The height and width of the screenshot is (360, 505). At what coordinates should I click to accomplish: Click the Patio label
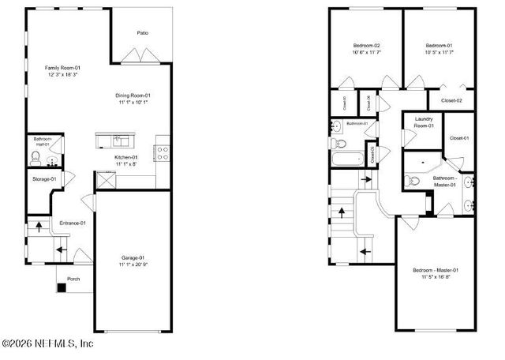pos(143,33)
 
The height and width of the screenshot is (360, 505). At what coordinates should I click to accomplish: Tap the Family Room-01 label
pos(62,68)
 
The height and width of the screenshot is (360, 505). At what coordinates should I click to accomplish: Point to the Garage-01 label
pos(133,257)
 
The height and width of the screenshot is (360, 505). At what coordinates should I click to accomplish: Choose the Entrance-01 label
pos(73,223)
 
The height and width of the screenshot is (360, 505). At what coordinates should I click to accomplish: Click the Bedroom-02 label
pos(367,46)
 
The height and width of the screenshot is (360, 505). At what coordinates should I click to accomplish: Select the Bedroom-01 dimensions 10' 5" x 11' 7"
pos(439,54)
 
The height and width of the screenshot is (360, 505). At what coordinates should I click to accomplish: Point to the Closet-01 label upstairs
pos(459,139)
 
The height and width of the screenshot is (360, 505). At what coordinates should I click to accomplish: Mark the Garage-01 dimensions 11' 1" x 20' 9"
pos(133,264)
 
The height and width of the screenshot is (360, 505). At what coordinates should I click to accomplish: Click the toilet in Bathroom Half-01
pos(34,158)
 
